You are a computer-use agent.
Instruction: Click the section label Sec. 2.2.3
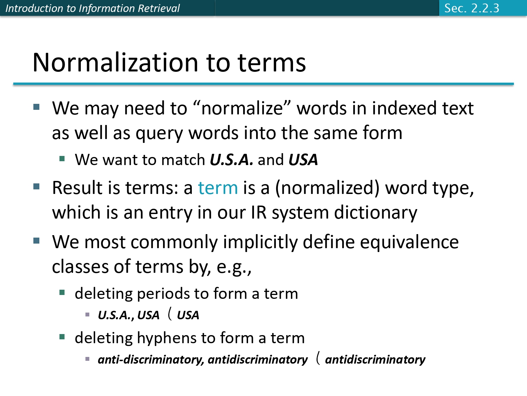tap(471, 8)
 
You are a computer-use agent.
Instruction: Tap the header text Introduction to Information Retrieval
tap(92, 8)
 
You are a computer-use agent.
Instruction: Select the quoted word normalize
tap(242, 108)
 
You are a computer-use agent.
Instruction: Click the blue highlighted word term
tap(218, 188)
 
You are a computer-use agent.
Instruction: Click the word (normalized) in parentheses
tap(327, 188)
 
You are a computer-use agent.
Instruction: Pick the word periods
tap(163, 294)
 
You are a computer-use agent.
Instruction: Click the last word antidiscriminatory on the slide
tap(375, 359)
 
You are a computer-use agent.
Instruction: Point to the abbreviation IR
tap(259, 213)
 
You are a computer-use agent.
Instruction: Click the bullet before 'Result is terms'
tap(37, 186)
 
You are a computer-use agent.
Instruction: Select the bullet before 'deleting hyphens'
tap(62, 337)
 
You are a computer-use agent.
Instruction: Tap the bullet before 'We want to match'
tap(62, 159)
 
